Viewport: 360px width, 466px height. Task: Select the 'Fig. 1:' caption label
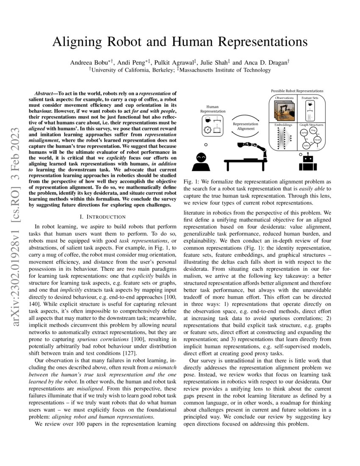pyautogui.click(x=190, y=181)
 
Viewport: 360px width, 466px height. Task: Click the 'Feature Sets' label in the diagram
pyautogui.click(x=310, y=98)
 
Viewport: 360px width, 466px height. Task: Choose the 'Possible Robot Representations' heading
pyautogui.click(x=297, y=91)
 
